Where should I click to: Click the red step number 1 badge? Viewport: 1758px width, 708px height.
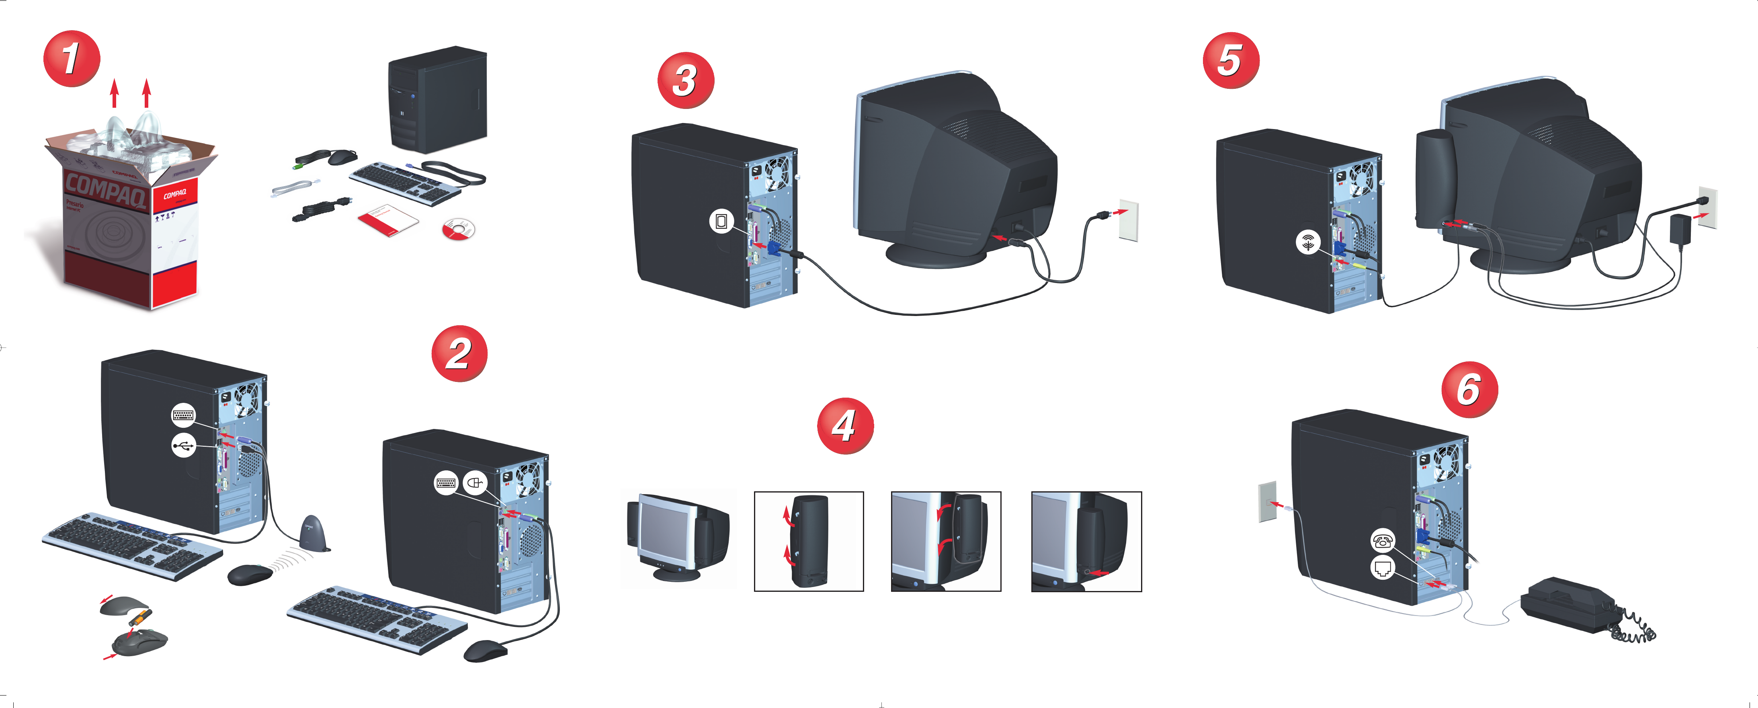(x=72, y=59)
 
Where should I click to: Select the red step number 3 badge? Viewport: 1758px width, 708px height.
(x=685, y=80)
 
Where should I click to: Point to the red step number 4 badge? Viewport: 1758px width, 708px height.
(x=845, y=426)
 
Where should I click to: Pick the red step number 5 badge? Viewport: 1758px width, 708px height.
(x=1230, y=60)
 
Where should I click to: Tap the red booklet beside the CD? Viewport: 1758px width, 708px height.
(x=387, y=218)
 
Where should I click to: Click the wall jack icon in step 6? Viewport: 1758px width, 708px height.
(x=1383, y=567)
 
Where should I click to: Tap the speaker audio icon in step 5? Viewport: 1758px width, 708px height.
(x=1307, y=242)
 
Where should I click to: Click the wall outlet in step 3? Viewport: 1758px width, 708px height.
(x=1129, y=220)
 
